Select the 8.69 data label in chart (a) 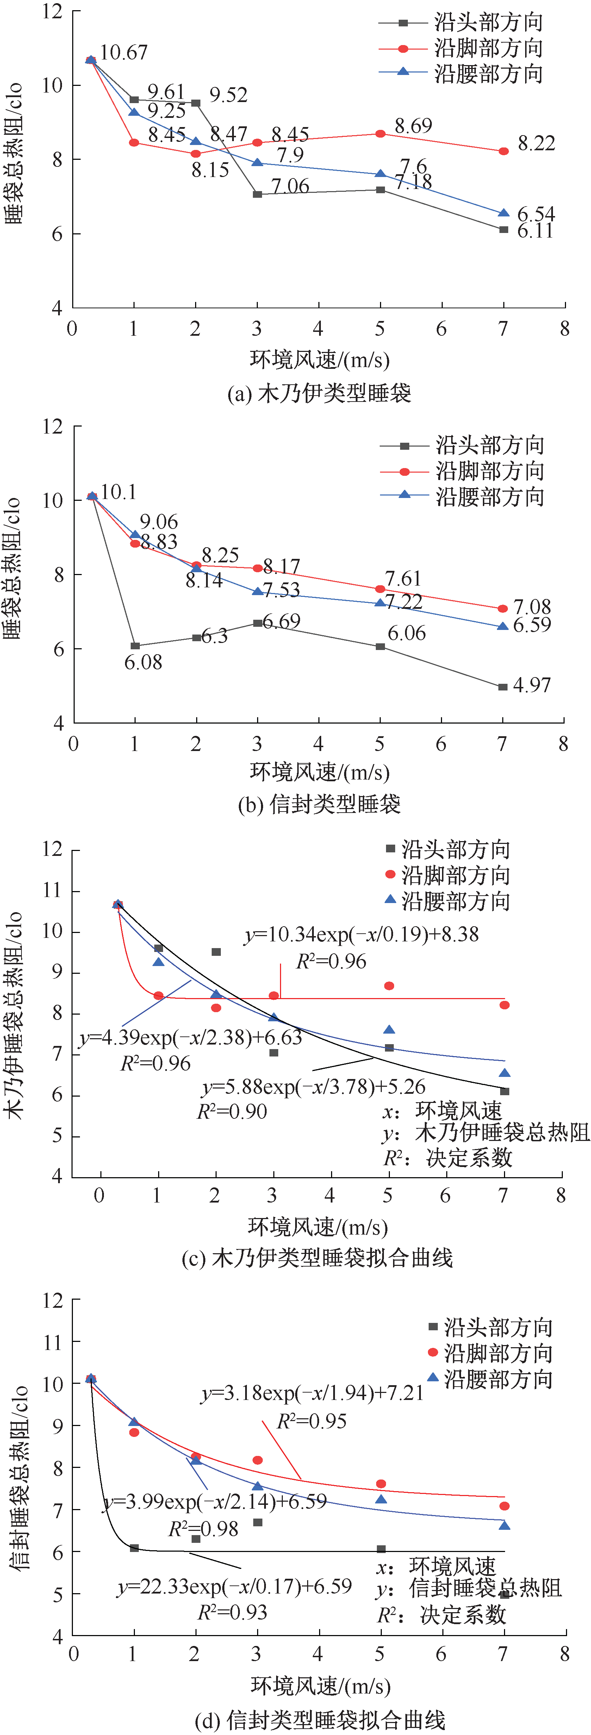pyautogui.click(x=413, y=126)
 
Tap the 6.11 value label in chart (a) pyautogui.click(x=535, y=231)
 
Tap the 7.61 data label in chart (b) pyautogui.click(x=403, y=579)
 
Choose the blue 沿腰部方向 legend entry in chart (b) pyautogui.click(x=462, y=497)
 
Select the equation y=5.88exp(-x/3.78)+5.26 pyautogui.click(x=314, y=1087)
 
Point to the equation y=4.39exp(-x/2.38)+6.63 pyautogui.click(x=191, y=1038)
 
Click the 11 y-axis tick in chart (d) pyautogui.click(x=52, y=1342)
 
